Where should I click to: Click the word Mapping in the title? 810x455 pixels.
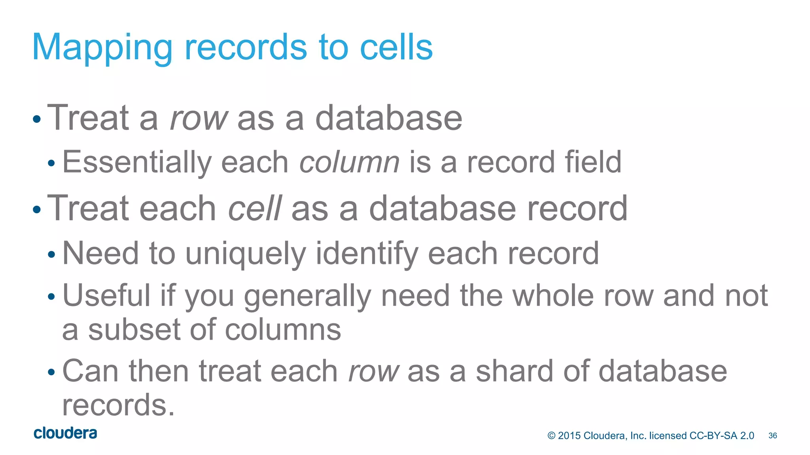click(x=102, y=48)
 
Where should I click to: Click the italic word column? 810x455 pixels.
click(x=349, y=162)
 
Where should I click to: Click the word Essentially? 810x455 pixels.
click(x=137, y=162)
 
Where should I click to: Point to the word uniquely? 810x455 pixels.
click(x=246, y=254)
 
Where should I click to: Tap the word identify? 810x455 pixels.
click(x=367, y=254)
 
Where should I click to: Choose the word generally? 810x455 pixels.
click(x=308, y=296)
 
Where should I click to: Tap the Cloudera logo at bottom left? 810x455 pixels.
click(x=65, y=433)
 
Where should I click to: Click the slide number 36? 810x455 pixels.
click(x=772, y=436)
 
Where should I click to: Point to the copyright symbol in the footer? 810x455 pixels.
click(x=551, y=436)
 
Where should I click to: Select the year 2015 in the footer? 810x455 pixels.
click(x=569, y=436)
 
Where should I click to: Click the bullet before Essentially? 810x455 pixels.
click(x=51, y=163)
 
